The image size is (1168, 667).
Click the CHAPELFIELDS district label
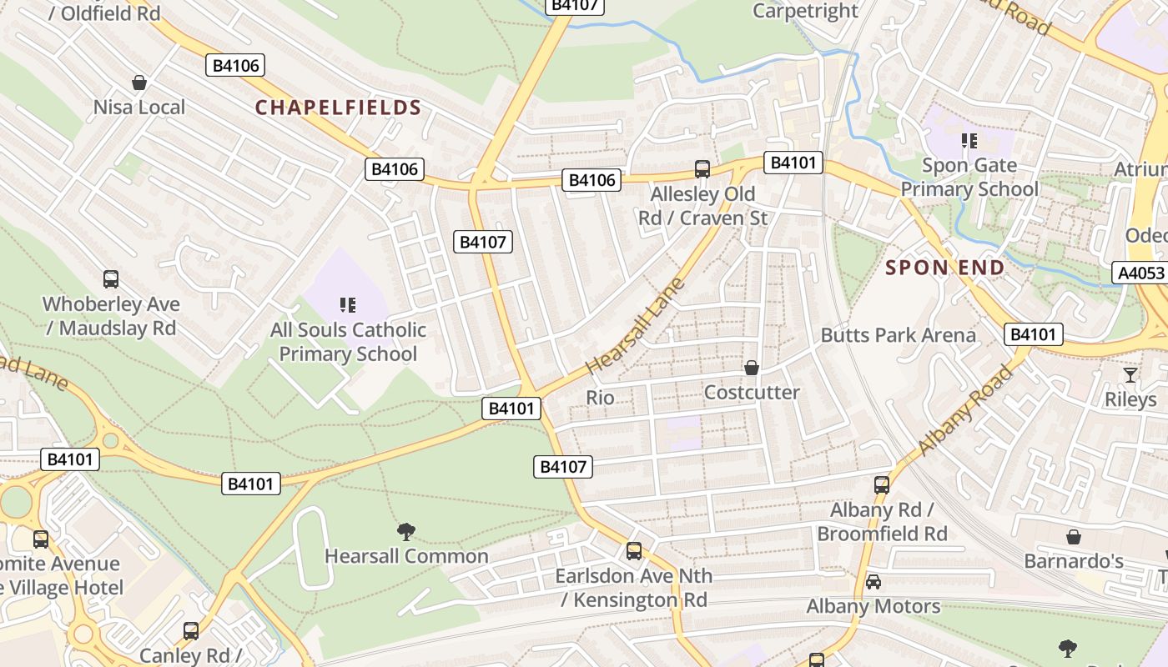[x=338, y=108]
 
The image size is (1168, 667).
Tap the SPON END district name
[x=944, y=268]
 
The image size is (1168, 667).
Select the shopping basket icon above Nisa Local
[x=139, y=83]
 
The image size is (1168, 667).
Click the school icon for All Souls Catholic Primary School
[x=348, y=305]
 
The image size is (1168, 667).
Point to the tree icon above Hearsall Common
[x=406, y=531]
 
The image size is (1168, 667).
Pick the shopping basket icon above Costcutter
[x=752, y=368]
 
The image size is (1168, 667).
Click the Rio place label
[x=600, y=398]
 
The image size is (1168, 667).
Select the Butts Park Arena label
[x=898, y=335]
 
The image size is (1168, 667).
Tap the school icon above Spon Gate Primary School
[x=969, y=141]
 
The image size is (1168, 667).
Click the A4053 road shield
[x=1140, y=273]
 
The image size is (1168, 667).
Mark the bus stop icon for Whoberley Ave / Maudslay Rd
[x=111, y=279]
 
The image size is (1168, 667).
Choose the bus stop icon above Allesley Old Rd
[x=702, y=169]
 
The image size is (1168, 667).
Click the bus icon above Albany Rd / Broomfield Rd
[x=882, y=484]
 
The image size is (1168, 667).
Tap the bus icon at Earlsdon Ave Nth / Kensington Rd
[x=634, y=551]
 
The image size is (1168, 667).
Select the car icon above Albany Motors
[x=873, y=581]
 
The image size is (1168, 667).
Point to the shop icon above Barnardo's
[x=1074, y=537]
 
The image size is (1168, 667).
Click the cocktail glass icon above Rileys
[x=1130, y=375]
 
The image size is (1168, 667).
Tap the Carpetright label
[x=805, y=11]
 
